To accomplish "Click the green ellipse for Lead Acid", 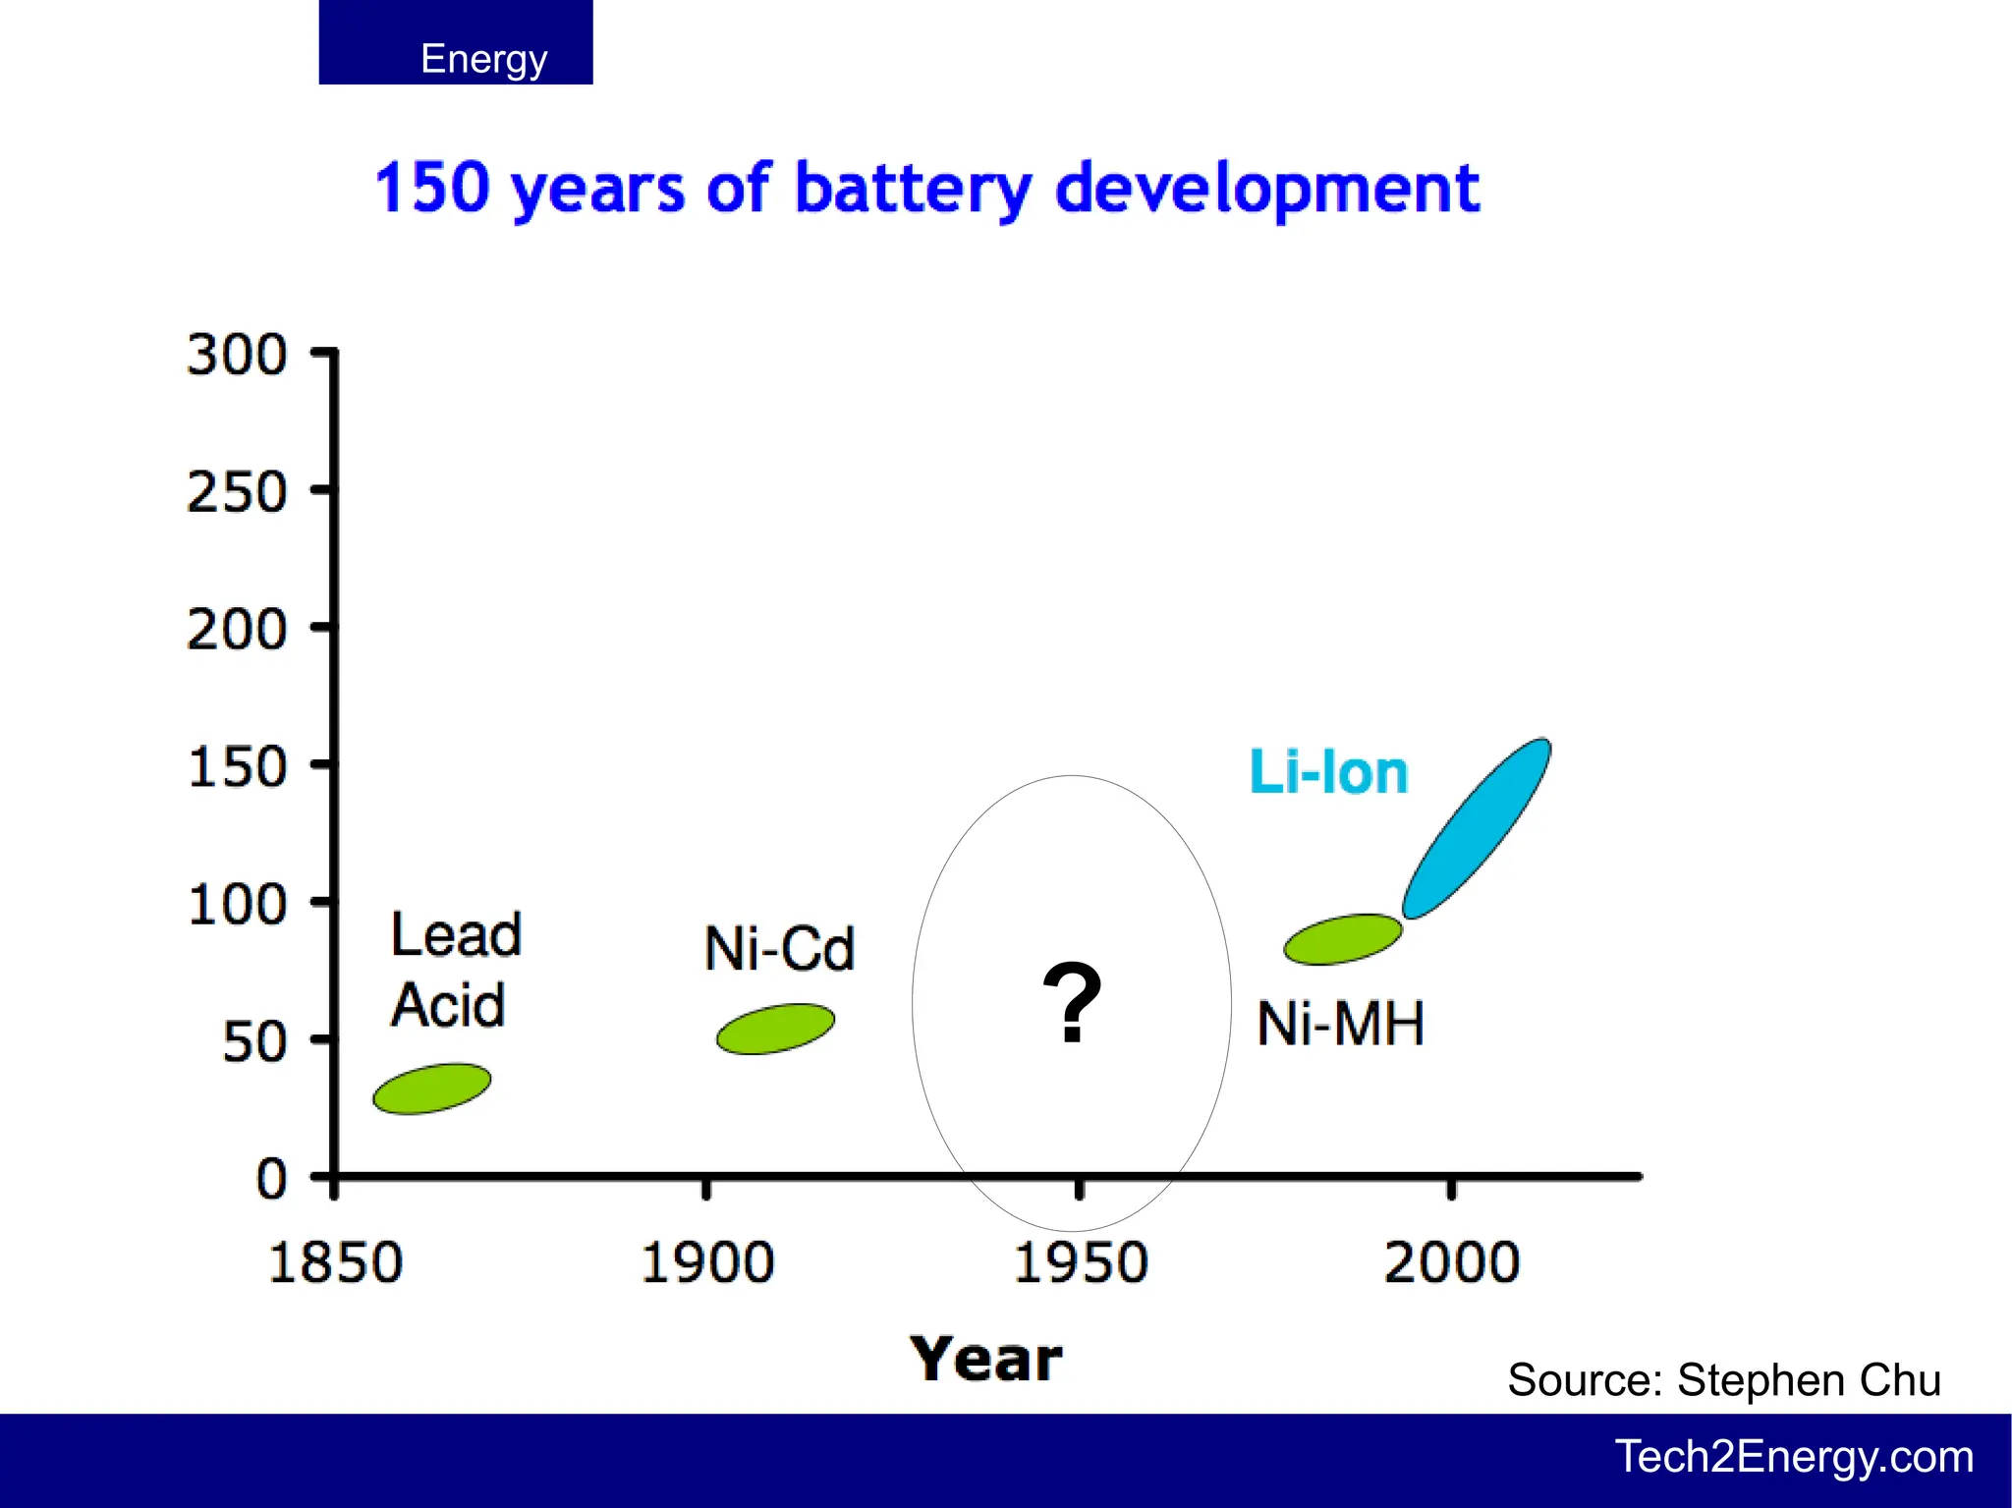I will (431, 1089).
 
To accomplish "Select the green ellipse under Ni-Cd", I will (775, 1029).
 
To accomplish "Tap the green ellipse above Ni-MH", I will (1343, 939).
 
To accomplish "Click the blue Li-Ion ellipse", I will (1476, 829).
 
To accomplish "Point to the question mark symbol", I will (1072, 1002).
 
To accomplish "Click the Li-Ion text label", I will (1328, 772).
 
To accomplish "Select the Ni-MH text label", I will (1340, 1025).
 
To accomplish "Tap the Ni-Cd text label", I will (779, 949).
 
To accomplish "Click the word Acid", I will (448, 1006).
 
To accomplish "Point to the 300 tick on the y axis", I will (237, 355).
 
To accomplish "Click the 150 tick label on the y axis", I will (237, 767).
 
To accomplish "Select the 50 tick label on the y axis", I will (253, 1041).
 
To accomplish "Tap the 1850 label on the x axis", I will (335, 1262).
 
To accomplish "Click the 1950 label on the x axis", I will (1080, 1262).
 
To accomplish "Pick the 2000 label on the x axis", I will (1451, 1262).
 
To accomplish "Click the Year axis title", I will (985, 1360).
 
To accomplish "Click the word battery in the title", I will (913, 189).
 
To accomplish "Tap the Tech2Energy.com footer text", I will (1794, 1456).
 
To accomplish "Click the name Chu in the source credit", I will (1900, 1380).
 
